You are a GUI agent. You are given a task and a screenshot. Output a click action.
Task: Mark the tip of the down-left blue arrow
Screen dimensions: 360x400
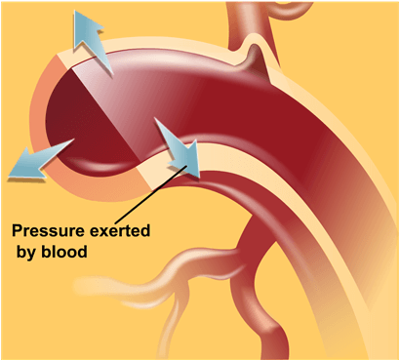pyautogui.click(x=9, y=176)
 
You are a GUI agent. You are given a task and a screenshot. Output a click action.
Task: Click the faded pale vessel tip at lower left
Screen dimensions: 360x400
pyautogui.click(x=93, y=288)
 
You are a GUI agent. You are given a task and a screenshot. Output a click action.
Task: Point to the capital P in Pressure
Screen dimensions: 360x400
pyautogui.click(x=17, y=232)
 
